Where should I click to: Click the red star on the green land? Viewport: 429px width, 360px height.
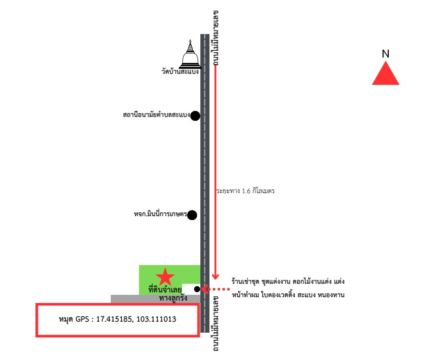165,277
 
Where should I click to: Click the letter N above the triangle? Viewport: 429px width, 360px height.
385,54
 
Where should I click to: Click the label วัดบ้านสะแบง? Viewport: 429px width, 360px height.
180,72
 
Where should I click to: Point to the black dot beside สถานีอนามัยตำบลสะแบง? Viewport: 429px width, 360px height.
195,116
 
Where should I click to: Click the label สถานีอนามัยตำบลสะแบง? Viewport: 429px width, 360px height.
156,115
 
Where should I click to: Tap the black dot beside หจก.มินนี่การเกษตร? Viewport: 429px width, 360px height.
192,215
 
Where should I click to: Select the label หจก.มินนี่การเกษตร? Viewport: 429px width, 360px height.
161,214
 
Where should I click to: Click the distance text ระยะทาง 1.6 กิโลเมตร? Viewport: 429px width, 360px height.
245,191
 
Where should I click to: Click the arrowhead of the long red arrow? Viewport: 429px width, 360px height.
215,276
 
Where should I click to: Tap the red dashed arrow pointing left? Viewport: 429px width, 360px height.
216,289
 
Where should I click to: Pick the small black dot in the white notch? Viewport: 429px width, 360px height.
197,289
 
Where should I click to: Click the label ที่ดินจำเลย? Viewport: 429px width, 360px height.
165,290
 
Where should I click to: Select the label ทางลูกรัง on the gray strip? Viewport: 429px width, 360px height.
173,298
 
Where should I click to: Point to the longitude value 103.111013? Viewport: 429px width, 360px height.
156,319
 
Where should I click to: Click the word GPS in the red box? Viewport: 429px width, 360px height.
82,319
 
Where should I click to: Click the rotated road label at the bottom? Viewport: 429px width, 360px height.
215,323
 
